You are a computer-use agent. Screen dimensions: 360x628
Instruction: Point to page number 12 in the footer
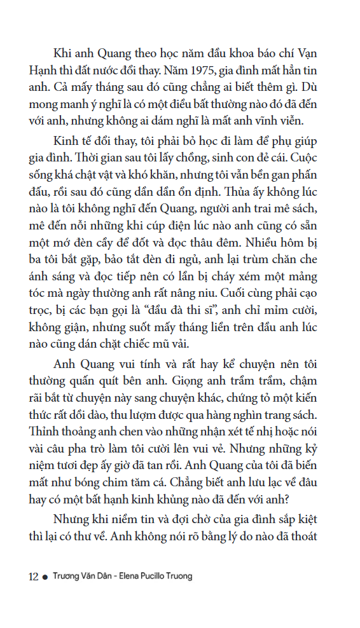(x=33, y=577)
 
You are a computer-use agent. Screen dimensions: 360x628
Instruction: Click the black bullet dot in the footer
(x=45, y=577)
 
